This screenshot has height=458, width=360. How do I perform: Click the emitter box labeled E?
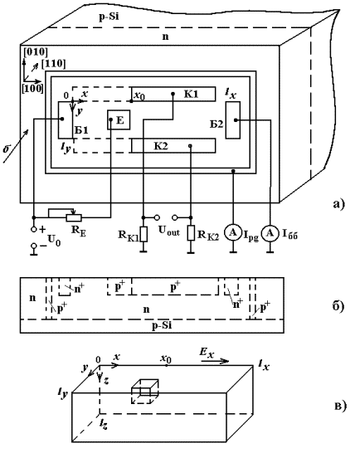point(119,119)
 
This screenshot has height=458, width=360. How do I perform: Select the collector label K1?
point(192,94)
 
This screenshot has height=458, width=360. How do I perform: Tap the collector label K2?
point(161,145)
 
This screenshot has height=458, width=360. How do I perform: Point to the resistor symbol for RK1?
point(143,234)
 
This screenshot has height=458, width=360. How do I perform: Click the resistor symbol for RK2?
point(191,233)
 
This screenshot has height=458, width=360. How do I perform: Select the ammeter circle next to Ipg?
point(233,232)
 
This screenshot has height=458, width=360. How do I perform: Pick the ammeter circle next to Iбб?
point(270,233)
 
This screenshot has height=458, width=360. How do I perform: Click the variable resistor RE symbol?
point(74,217)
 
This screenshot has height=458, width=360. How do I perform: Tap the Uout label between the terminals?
point(169,231)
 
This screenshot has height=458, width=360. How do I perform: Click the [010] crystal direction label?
point(36,52)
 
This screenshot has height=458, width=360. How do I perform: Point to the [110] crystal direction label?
point(53,63)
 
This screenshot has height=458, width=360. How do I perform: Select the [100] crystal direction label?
point(32,88)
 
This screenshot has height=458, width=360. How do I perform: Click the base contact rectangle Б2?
point(233,120)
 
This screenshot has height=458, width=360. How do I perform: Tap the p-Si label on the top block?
point(109,17)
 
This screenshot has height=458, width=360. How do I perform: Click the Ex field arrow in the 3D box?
point(215,361)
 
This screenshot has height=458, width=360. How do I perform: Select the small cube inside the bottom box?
point(145,392)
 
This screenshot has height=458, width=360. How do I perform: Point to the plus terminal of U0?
point(34,229)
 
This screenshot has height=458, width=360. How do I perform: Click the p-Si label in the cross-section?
point(162,326)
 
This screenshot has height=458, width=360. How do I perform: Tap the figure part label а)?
point(339,204)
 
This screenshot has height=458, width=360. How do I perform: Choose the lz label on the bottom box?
point(104,424)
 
